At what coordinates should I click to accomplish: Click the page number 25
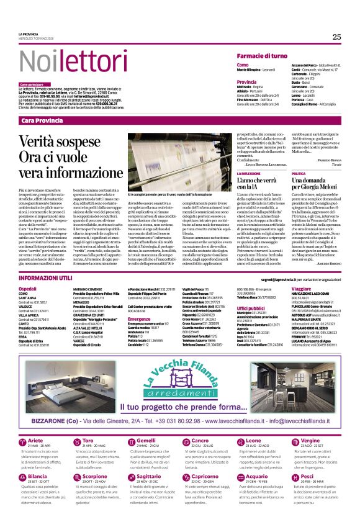point(336,37)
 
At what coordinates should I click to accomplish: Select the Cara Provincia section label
point(42,120)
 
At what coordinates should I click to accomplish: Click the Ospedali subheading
point(28,289)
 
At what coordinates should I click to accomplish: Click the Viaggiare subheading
point(300,289)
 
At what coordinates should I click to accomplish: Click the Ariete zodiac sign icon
point(22,440)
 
